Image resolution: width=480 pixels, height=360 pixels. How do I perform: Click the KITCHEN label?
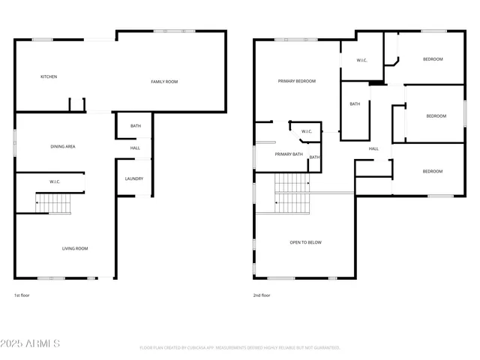point(49,76)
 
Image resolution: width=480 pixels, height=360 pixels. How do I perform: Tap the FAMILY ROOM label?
point(164,82)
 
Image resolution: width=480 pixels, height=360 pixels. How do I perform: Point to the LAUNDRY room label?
point(134,178)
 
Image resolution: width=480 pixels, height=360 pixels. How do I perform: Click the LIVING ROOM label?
point(75,248)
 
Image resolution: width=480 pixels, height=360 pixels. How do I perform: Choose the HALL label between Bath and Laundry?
point(135,148)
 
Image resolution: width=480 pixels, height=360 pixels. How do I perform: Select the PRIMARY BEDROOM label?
point(297,81)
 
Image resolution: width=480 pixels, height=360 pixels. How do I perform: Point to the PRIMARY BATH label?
point(289,154)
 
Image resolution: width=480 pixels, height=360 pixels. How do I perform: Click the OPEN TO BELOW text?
point(306,242)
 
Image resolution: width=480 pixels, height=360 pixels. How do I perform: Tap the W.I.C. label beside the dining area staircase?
point(55,181)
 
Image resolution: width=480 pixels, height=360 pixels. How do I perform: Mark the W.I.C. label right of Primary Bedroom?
point(361,60)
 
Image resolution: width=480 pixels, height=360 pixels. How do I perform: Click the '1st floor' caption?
point(22,295)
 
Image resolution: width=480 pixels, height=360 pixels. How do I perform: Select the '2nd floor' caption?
point(262,295)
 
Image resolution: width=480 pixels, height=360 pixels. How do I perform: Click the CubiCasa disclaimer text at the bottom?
point(240,348)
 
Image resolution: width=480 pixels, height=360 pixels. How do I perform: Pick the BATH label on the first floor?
point(136,126)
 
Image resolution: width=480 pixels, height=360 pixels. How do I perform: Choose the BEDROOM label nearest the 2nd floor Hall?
point(432,172)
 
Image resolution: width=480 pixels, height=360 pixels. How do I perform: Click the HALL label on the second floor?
point(373,148)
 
